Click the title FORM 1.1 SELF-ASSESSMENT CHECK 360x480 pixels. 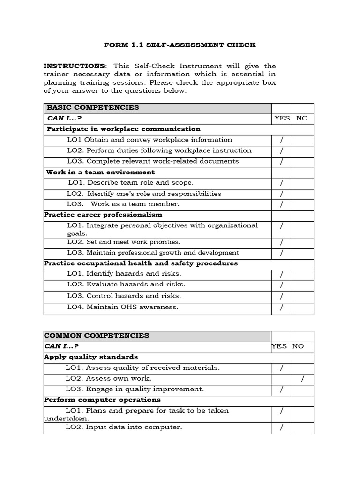point(180,45)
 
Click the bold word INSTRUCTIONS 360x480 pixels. point(74,66)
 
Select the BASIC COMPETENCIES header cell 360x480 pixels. point(92,107)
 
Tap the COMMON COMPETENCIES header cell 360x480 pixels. point(97,335)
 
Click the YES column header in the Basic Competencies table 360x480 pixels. point(282,118)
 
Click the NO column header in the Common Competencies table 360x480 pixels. point(298,346)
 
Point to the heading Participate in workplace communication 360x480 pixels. point(123,129)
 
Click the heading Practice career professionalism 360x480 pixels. point(103,215)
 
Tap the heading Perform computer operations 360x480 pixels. point(102,400)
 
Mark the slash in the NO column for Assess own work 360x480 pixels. point(303,379)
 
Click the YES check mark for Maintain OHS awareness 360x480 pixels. point(282,308)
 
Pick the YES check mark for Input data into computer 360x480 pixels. point(282,427)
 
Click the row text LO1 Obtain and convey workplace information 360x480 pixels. point(150,140)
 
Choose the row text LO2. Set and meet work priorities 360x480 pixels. point(124,242)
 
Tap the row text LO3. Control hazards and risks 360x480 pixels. point(124,296)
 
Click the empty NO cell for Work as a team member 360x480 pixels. point(303,204)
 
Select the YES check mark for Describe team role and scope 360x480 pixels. point(282,183)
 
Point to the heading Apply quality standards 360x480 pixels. point(91,357)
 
